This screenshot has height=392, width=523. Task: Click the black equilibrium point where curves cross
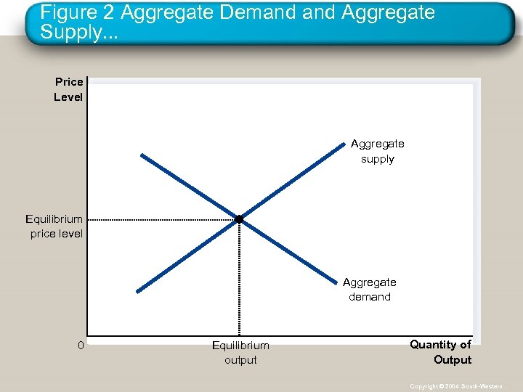tap(238, 219)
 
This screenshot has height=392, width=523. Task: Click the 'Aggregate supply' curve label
tap(377, 151)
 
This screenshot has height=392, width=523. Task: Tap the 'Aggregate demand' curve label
tap(369, 289)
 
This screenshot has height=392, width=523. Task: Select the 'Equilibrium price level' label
tap(55, 226)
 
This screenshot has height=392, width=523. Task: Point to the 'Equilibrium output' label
tap(240, 352)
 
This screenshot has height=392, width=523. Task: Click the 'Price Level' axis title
tap(68, 89)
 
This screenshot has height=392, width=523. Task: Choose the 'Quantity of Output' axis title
tap(440, 352)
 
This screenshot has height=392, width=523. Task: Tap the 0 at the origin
tap(81, 345)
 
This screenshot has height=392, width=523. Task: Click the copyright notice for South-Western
tap(455, 386)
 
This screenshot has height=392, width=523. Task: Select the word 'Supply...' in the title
tap(76, 33)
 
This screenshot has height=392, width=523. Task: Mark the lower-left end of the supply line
tap(137, 292)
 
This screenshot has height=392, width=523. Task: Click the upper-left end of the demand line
tap(142, 155)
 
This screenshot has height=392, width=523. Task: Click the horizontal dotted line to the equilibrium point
tap(160, 219)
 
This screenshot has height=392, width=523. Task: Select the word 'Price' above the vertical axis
tap(69, 82)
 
